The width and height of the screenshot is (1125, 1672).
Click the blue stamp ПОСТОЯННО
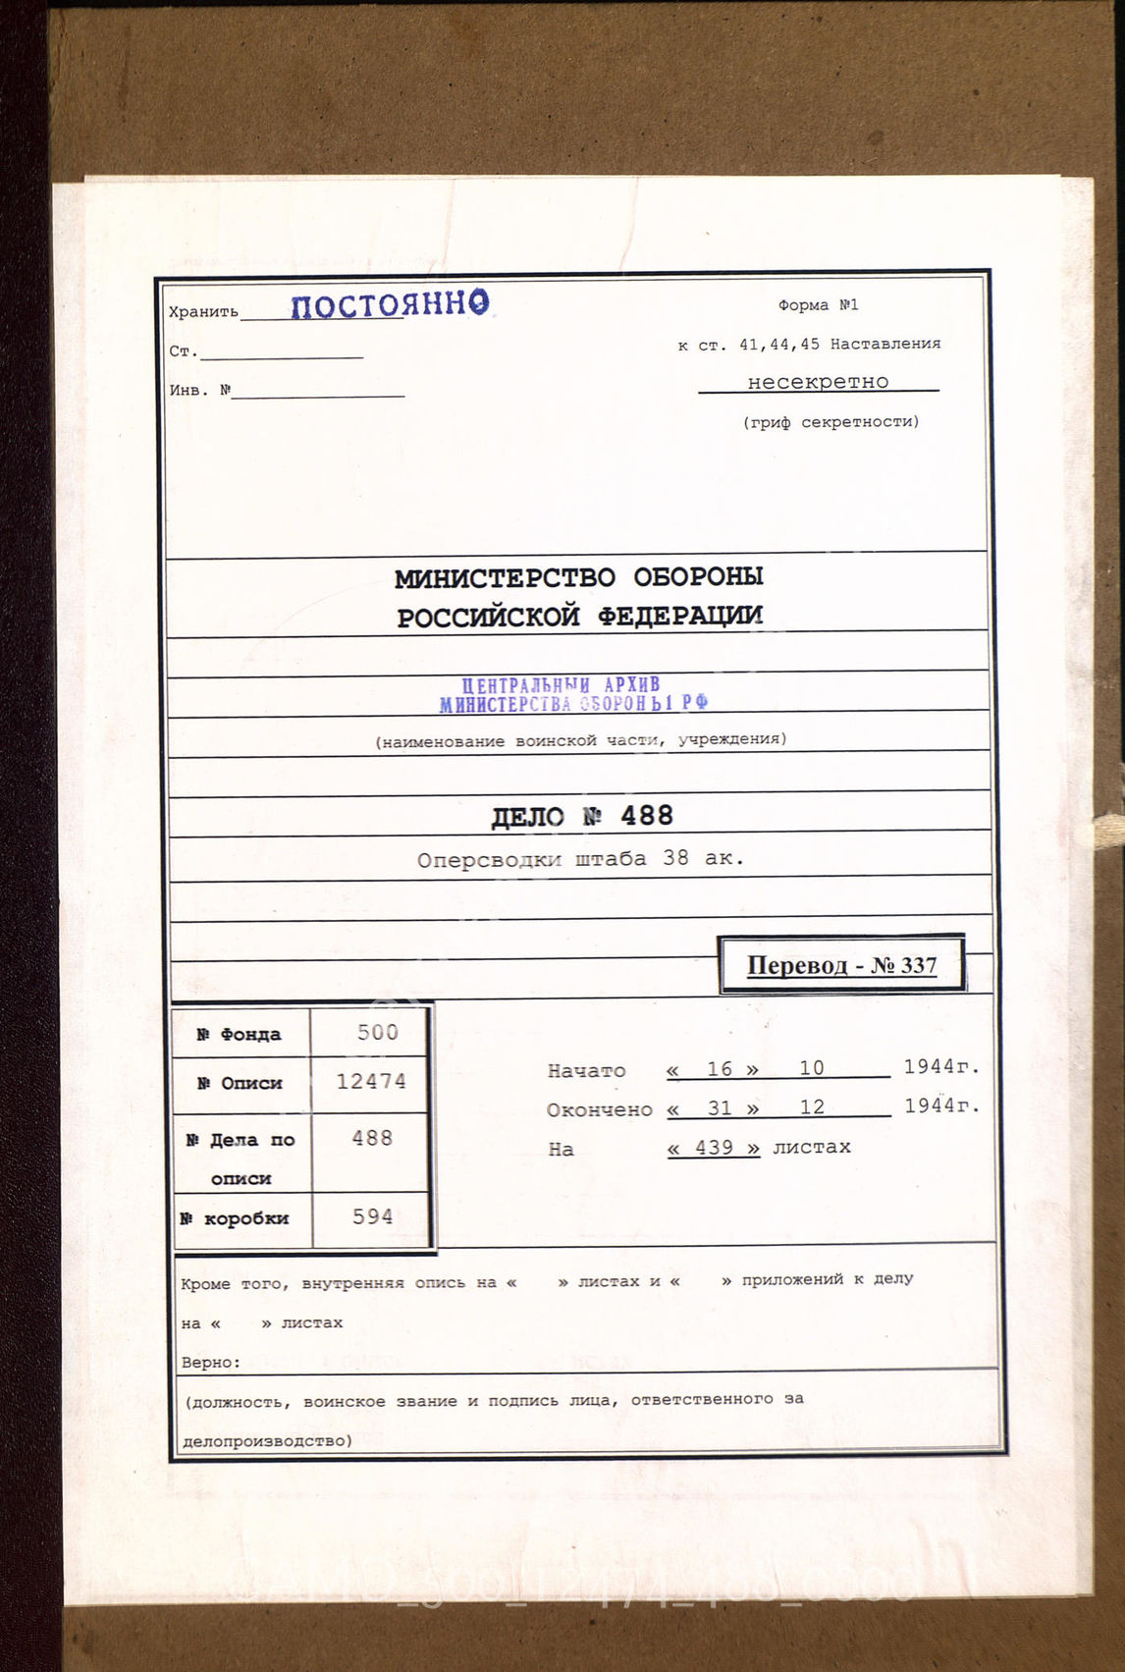click(390, 304)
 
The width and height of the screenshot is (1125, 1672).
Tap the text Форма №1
click(818, 305)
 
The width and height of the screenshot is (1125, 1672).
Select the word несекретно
click(818, 382)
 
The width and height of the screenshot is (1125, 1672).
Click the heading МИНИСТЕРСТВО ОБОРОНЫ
click(579, 577)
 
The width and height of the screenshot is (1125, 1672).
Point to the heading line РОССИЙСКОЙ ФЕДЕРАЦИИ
click(579, 617)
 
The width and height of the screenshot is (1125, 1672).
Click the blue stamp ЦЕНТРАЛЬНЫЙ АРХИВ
click(562, 685)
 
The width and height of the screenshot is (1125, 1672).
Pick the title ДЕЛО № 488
click(582, 816)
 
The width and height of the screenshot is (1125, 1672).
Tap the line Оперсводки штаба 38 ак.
click(580, 859)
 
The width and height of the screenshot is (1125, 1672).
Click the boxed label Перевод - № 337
click(841, 965)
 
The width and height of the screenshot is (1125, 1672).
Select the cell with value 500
click(377, 1032)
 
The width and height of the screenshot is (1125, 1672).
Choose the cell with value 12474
click(371, 1082)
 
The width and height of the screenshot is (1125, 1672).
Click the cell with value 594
click(373, 1216)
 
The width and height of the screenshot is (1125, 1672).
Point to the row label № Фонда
click(239, 1034)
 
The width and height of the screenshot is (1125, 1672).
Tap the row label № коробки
click(235, 1218)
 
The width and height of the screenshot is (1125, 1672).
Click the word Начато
click(586, 1071)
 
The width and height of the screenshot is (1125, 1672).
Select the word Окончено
click(599, 1110)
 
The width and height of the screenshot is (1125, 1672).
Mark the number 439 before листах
click(714, 1148)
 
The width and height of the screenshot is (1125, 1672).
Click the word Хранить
click(203, 312)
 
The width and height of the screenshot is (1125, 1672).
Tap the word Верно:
click(210, 1363)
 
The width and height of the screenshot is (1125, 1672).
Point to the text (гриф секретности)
click(830, 422)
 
